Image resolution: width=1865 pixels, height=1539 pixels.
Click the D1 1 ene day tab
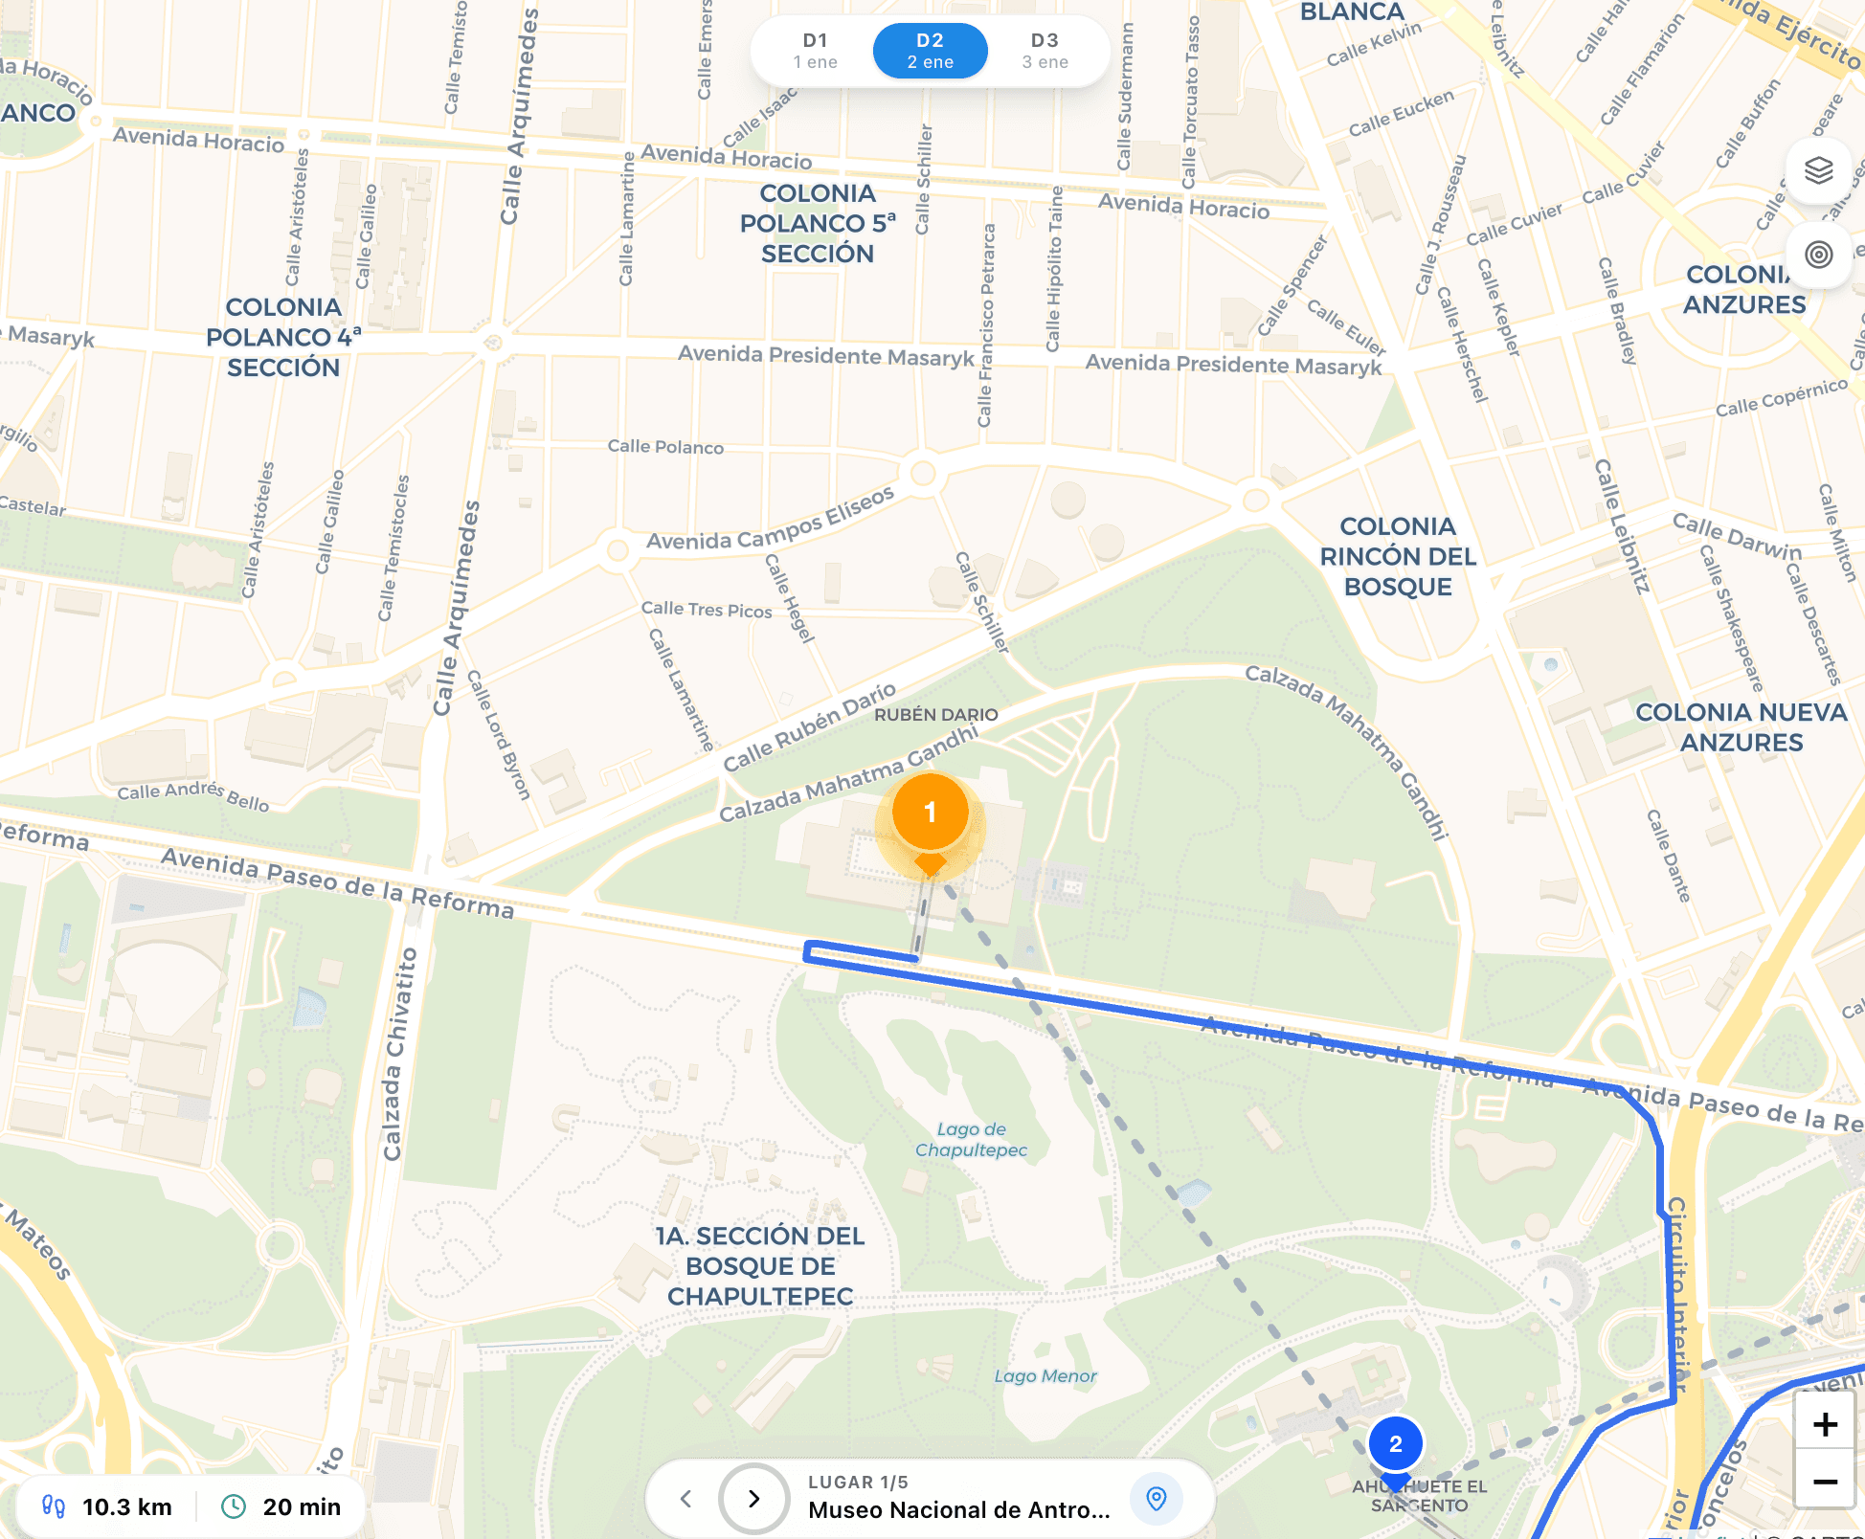(x=815, y=51)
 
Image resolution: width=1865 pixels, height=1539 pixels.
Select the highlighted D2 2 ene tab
(x=930, y=51)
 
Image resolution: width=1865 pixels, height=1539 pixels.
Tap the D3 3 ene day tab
(x=1045, y=51)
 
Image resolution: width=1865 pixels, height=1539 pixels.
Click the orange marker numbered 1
(x=930, y=814)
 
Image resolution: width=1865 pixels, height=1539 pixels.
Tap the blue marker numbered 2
(x=1395, y=1444)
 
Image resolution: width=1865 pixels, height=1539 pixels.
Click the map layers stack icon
(x=1818, y=170)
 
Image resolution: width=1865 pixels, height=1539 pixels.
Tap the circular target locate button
(x=1818, y=255)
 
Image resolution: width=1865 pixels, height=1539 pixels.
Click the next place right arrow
(x=753, y=1498)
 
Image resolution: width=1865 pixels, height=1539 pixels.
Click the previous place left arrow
(x=685, y=1498)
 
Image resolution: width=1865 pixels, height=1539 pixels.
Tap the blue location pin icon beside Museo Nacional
(x=1156, y=1498)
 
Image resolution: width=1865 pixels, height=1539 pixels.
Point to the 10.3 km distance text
(x=126, y=1507)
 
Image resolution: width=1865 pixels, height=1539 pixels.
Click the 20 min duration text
(x=302, y=1507)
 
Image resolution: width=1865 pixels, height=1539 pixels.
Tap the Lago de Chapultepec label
(x=971, y=1140)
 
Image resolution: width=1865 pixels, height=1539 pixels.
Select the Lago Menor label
(x=1045, y=1376)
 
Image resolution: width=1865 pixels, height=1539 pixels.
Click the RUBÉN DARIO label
(x=935, y=714)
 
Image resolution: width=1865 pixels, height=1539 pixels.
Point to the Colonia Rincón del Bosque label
(x=1398, y=556)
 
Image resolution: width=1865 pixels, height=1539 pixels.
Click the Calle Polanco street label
(x=665, y=447)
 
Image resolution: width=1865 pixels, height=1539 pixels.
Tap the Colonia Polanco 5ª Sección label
(x=818, y=223)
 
